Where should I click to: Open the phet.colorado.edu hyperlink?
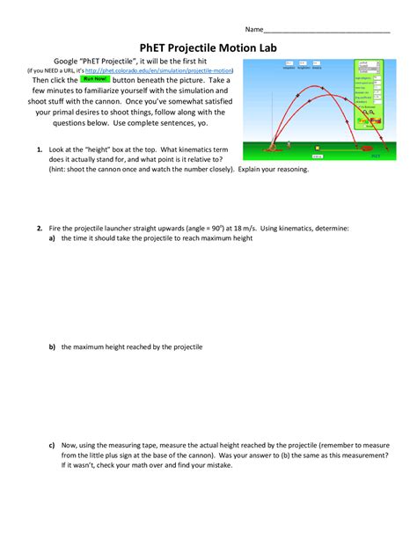181,69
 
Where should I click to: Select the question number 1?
40,150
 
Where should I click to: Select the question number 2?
40,228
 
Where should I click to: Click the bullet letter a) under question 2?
52,238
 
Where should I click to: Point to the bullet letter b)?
52,347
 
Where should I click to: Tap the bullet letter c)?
52,445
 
